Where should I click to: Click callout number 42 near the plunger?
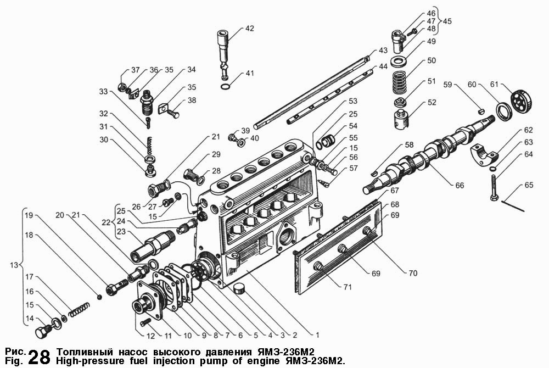click(249, 29)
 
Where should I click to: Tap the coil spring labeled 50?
click(400, 83)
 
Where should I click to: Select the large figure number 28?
click(39, 357)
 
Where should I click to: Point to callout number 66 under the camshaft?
click(459, 185)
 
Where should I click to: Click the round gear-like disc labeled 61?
click(522, 101)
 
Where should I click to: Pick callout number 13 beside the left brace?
click(14, 265)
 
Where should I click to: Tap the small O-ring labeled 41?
click(226, 87)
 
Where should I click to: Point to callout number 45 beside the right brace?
click(447, 21)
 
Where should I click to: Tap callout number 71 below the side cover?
click(347, 287)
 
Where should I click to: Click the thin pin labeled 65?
click(513, 206)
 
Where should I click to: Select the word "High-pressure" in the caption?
click(85, 361)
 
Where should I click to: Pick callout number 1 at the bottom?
click(317, 335)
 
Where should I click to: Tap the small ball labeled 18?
click(100, 297)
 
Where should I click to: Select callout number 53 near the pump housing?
click(353, 101)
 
